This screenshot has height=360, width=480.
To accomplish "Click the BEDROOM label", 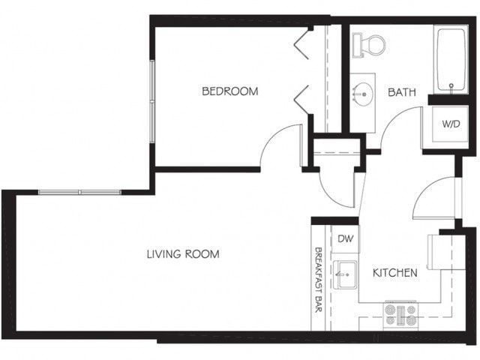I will tap(229, 91).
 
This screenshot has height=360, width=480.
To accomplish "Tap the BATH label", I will tap(402, 92).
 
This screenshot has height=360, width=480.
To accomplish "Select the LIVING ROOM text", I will tap(182, 254).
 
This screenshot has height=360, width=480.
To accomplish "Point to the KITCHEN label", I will tap(394, 273).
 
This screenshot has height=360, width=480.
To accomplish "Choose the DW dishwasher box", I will tap(345, 239).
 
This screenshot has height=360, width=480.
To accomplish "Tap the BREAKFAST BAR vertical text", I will tap(319, 277).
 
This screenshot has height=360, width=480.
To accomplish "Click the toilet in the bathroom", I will tap(366, 44).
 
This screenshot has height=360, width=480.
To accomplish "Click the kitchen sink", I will tap(346, 275).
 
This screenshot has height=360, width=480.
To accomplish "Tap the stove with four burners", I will tap(400, 315).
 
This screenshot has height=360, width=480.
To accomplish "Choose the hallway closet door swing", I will tap(334, 187).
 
